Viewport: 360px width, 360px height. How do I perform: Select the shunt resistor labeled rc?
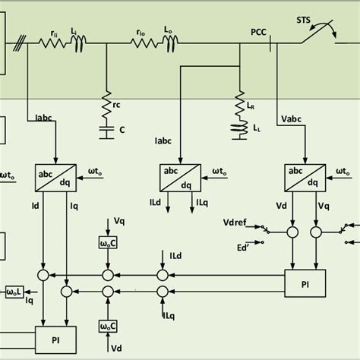point(106,103)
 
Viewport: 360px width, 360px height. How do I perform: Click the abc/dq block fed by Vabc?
point(302,176)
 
